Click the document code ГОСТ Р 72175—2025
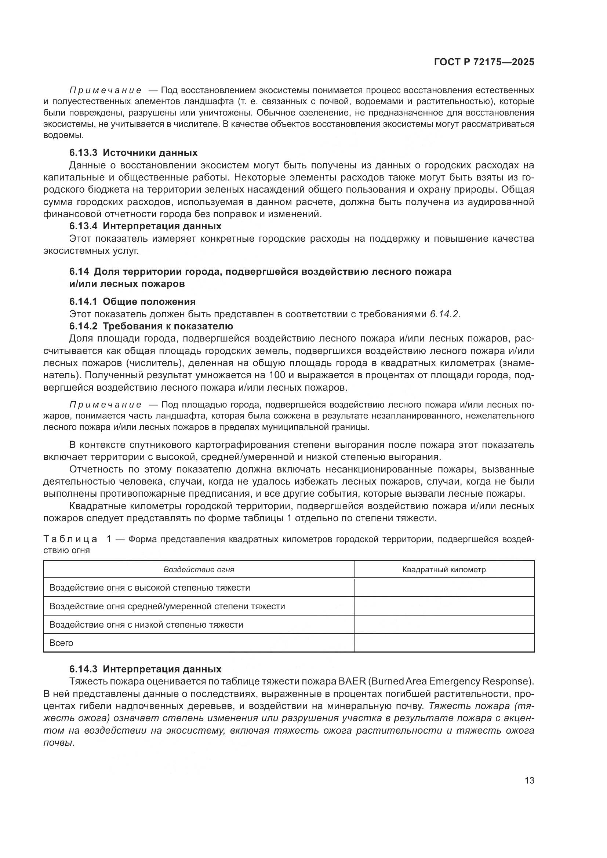pyautogui.click(x=484, y=62)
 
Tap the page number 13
pyautogui.click(x=529, y=781)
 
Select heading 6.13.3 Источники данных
pyautogui.click(x=134, y=153)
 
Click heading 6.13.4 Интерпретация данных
pyautogui.click(x=145, y=226)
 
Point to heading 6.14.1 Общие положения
pyautogui.click(x=132, y=302)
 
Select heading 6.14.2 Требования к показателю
pyautogui.click(x=151, y=326)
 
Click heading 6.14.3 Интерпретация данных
pyautogui.click(x=145, y=669)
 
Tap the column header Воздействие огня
pyautogui.click(x=199, y=570)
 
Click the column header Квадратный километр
pyautogui.click(x=444, y=570)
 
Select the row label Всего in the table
pyautogui.click(x=61, y=643)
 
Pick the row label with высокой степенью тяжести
pyautogui.click(x=149, y=588)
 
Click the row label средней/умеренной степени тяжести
pyautogui.click(x=167, y=606)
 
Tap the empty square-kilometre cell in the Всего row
pyautogui.click(x=444, y=643)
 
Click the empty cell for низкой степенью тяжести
pyautogui.click(x=444, y=624)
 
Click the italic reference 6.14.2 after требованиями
pyautogui.click(x=444, y=314)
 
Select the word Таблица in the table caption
pyautogui.click(x=70, y=539)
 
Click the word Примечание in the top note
pyautogui.click(x=106, y=91)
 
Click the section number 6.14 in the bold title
pyautogui.click(x=79, y=272)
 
